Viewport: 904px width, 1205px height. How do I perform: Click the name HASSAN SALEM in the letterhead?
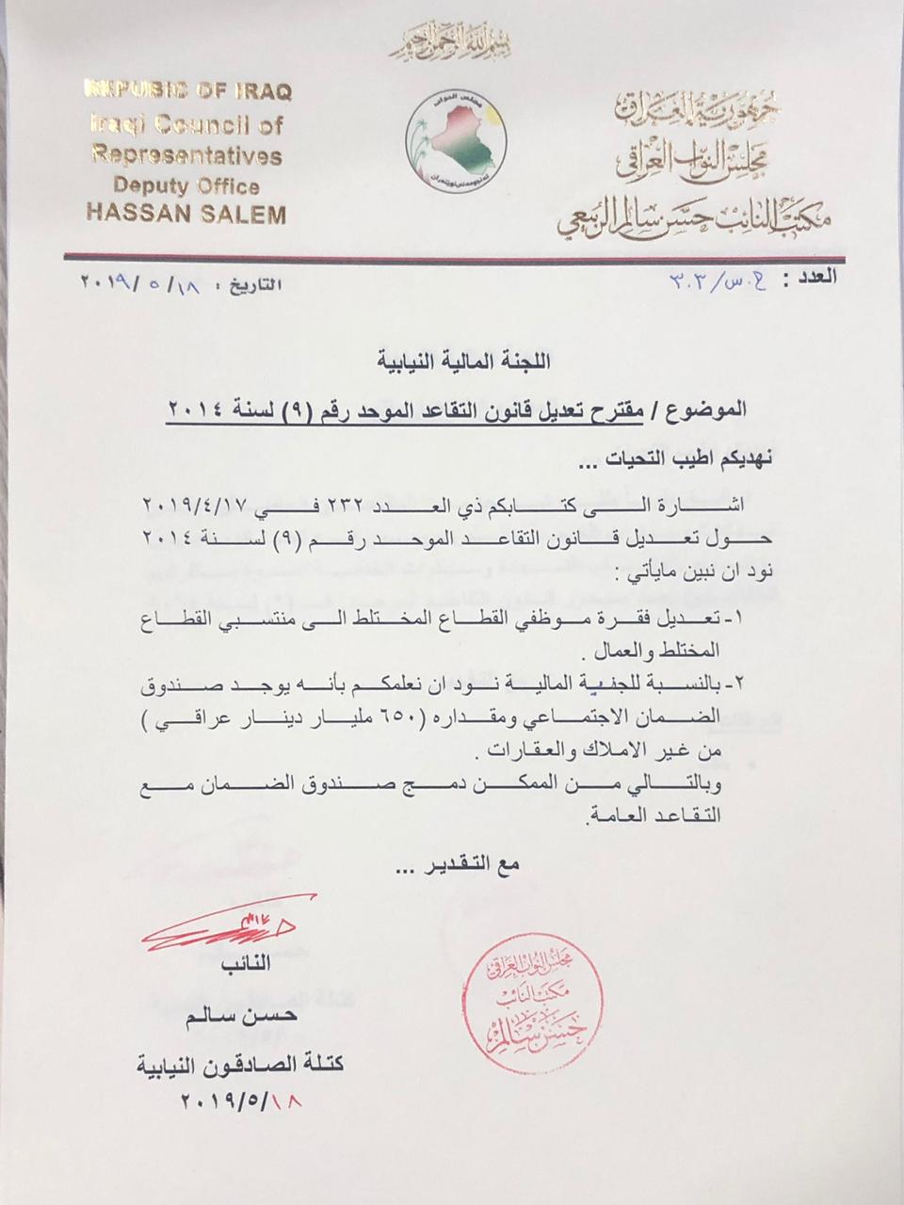point(186,214)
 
